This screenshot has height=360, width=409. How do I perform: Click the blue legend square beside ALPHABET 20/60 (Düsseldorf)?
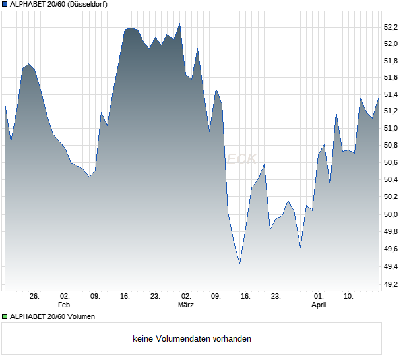tap(5, 4)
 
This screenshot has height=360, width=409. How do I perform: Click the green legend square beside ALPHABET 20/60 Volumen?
tap(5, 316)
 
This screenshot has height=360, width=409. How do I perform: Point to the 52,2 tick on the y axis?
tap(391, 27)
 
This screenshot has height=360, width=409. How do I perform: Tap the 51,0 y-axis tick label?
tap(391, 128)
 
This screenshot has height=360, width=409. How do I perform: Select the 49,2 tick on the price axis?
tap(391, 284)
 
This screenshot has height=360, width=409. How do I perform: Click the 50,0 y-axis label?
tap(391, 214)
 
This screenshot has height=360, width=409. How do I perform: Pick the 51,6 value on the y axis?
tap(391, 78)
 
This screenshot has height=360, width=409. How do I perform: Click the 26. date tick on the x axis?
tap(35, 297)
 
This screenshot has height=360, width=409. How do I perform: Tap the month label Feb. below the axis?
tap(64, 305)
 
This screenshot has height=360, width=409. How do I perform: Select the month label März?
tap(185, 305)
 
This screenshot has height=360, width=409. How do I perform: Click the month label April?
tap(319, 305)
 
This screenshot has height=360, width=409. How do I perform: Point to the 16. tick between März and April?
tap(245, 297)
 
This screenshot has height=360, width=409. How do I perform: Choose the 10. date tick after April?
tap(349, 297)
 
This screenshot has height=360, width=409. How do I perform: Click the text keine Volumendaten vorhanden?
tap(192, 339)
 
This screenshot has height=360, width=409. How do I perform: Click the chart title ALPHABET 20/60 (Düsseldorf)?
tap(59, 4)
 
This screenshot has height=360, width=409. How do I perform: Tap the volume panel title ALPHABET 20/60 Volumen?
tap(52, 316)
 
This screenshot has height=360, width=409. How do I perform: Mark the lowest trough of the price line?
tap(239, 263)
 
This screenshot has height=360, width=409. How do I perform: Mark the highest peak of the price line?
tap(179, 24)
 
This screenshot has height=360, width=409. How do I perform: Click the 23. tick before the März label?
tap(155, 297)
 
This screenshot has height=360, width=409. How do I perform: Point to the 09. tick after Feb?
tap(95, 297)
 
